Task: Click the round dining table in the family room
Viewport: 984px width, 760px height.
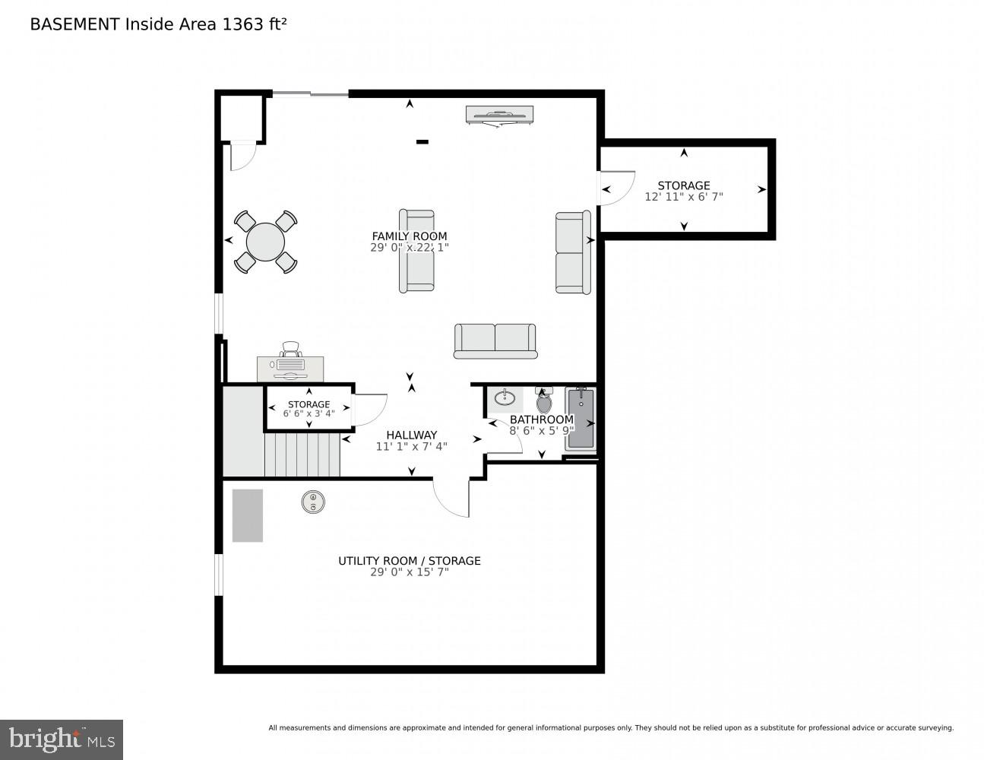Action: [265, 242]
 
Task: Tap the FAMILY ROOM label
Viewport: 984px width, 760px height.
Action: [409, 236]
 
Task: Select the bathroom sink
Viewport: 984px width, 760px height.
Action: [505, 397]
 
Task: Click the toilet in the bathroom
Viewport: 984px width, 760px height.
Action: [544, 401]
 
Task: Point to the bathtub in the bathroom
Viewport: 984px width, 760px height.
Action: [581, 419]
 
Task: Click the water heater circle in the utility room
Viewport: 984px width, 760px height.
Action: [313, 502]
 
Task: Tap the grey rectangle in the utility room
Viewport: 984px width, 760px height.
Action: [247, 515]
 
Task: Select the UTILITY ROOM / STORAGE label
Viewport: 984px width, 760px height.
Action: [409, 561]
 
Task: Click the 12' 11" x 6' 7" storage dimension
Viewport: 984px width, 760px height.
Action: [683, 197]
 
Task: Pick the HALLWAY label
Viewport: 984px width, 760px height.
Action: [411, 435]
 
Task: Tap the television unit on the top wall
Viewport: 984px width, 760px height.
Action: [499, 115]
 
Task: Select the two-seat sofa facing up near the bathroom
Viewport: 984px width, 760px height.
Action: [495, 340]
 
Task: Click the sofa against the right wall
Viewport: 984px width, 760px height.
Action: [573, 252]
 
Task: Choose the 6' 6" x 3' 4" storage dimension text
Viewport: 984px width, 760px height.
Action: [308, 414]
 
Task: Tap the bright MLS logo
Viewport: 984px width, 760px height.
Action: [61, 739]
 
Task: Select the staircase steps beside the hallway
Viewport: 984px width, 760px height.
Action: [302, 454]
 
